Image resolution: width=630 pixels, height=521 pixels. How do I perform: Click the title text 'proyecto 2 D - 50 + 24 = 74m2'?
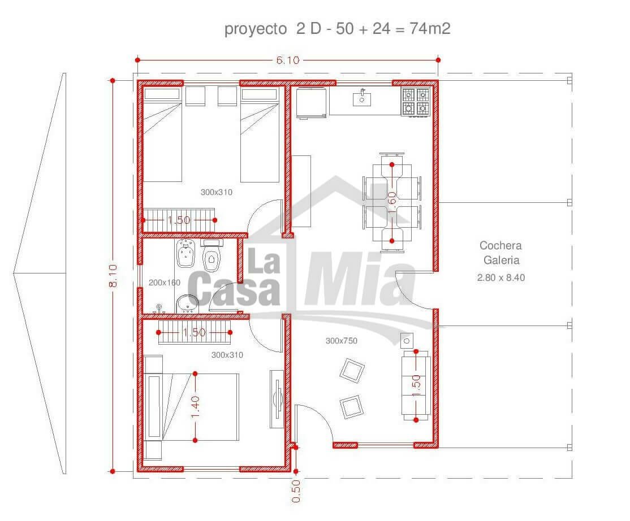pos(337,29)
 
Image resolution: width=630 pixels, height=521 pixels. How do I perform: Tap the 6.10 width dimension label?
pos(288,60)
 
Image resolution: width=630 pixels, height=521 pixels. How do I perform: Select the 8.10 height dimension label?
pos(113,275)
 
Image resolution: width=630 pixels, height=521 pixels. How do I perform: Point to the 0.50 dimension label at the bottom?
pos(296,491)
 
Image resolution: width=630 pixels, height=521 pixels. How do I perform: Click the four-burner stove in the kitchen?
pos(416,102)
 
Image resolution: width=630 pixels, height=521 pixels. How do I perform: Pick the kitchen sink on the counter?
pos(361,98)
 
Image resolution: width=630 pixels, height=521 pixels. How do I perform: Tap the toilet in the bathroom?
pos(212,255)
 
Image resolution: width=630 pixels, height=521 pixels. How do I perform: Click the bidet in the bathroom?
pos(185,253)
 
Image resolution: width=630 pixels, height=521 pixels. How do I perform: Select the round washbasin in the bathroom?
pos(187,304)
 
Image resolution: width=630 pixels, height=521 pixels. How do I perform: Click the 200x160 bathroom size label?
pos(165,283)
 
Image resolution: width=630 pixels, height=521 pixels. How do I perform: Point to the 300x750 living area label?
pos(341,341)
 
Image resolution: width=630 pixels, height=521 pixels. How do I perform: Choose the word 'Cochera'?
pos(500,245)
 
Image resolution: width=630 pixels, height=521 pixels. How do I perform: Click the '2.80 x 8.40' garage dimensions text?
pos(501,277)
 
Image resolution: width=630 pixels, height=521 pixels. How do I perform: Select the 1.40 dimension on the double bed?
pos(195,407)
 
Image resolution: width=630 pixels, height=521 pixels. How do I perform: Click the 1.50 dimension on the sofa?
pos(416,385)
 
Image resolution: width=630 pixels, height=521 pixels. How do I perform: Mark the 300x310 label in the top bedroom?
pos(217,192)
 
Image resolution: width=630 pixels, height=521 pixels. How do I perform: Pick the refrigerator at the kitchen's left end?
pos(310,103)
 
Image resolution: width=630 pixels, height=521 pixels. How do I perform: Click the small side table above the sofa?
pos(407,341)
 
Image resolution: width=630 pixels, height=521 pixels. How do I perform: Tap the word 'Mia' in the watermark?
pos(360,279)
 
